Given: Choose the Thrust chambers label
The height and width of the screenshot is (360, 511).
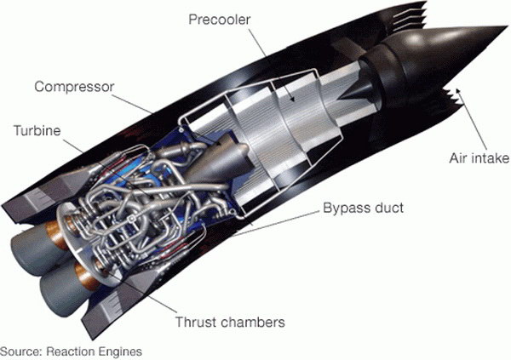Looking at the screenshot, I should pos(229,323).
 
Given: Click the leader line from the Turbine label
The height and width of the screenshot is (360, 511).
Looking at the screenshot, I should pos(72,145).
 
